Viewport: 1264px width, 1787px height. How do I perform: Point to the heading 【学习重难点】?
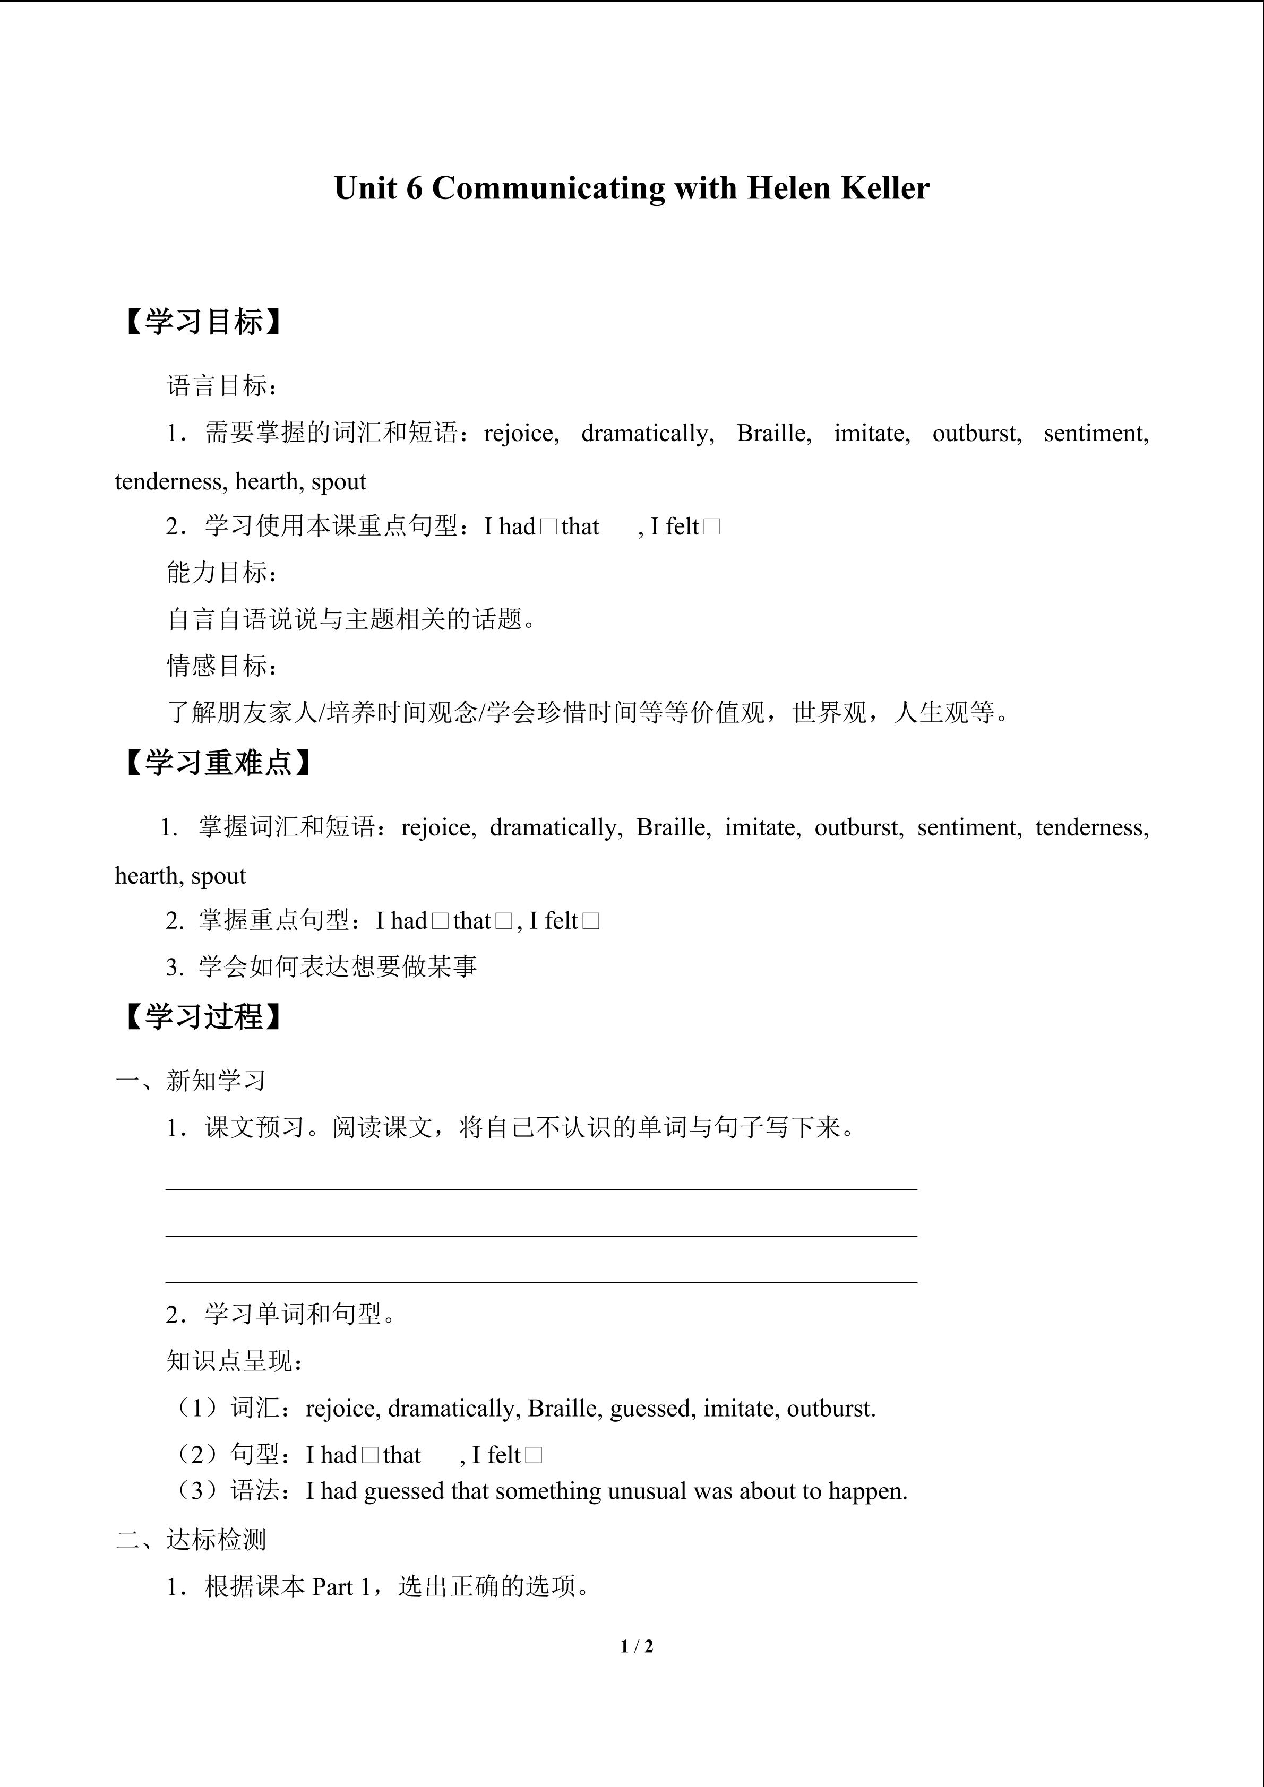[219, 763]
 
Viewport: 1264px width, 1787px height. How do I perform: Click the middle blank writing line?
[541, 1235]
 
